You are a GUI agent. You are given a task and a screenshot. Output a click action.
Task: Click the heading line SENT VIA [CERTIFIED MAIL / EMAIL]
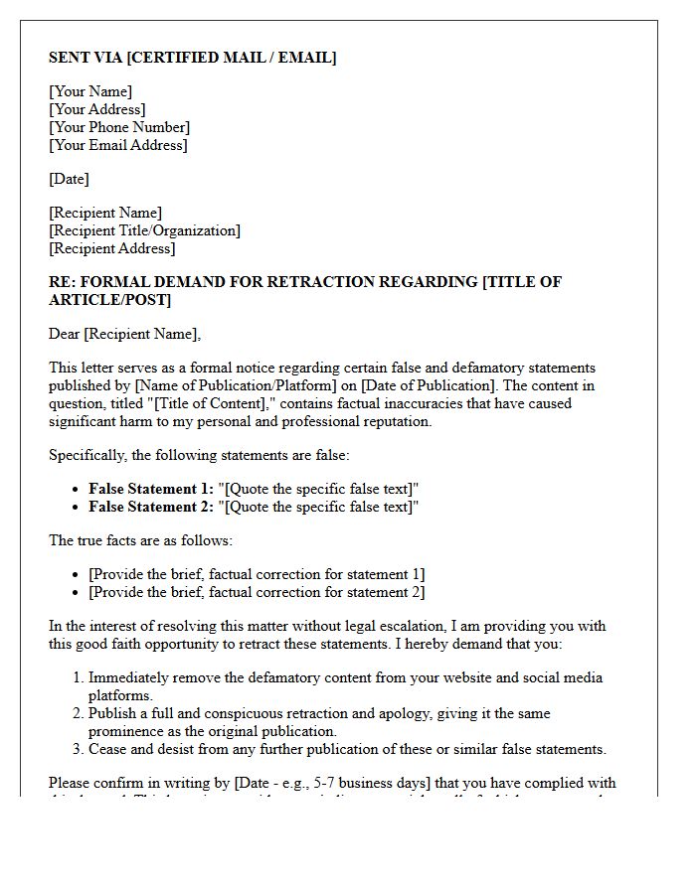192,58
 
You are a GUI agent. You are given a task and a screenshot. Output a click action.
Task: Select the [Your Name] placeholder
90,91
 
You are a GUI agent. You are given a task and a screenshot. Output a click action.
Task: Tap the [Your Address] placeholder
96,109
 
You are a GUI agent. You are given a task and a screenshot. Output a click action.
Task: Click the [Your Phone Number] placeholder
119,127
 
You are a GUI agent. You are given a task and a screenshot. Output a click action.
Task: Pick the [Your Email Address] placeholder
117,145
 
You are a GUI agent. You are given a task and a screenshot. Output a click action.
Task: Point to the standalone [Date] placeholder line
69,179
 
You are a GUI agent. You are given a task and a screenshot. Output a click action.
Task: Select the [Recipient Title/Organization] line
144,230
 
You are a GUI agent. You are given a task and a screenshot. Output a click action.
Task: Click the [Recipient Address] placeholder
111,248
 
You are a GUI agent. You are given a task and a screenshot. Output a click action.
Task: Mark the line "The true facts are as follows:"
140,540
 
